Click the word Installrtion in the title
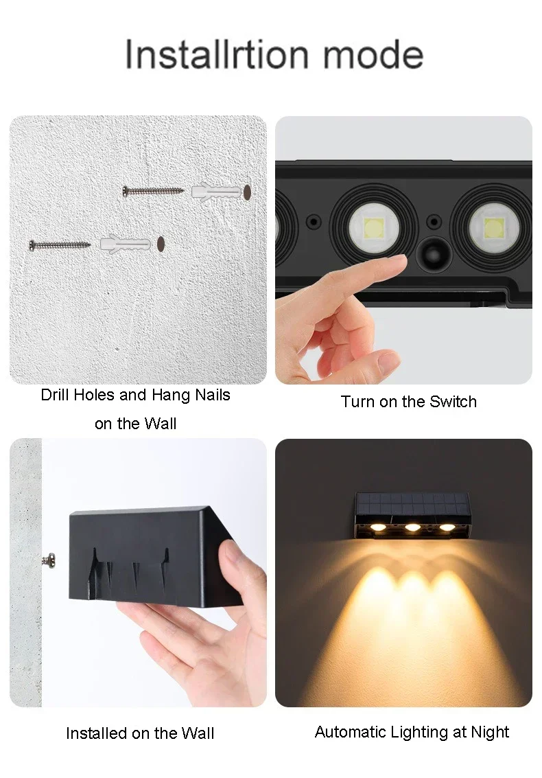point(217,54)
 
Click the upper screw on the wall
point(153,190)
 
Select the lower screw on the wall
point(60,244)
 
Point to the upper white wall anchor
point(217,192)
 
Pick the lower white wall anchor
point(126,244)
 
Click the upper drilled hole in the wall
point(248,192)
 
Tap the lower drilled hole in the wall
point(161,244)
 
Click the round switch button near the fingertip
point(433,255)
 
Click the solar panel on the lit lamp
point(412,505)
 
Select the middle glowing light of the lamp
point(412,527)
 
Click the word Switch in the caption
point(453,402)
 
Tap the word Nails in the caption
point(212,395)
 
